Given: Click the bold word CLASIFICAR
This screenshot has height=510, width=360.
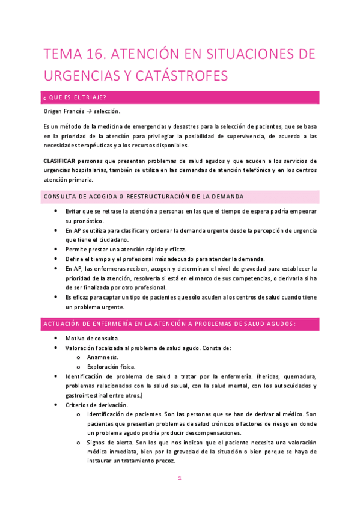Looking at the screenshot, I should (59, 161).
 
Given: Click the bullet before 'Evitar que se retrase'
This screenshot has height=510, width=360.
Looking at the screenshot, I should (56, 212).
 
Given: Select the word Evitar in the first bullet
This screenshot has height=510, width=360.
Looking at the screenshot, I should (76, 212).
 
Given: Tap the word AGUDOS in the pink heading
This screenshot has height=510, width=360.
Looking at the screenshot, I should (276, 324).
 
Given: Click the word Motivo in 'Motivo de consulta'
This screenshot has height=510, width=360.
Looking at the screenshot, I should (78, 339).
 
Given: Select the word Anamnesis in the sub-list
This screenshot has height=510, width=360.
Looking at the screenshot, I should (103, 357).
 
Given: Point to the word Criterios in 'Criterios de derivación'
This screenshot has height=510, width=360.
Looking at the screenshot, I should (79, 405).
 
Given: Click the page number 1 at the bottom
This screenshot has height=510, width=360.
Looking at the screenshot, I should (180, 479).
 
